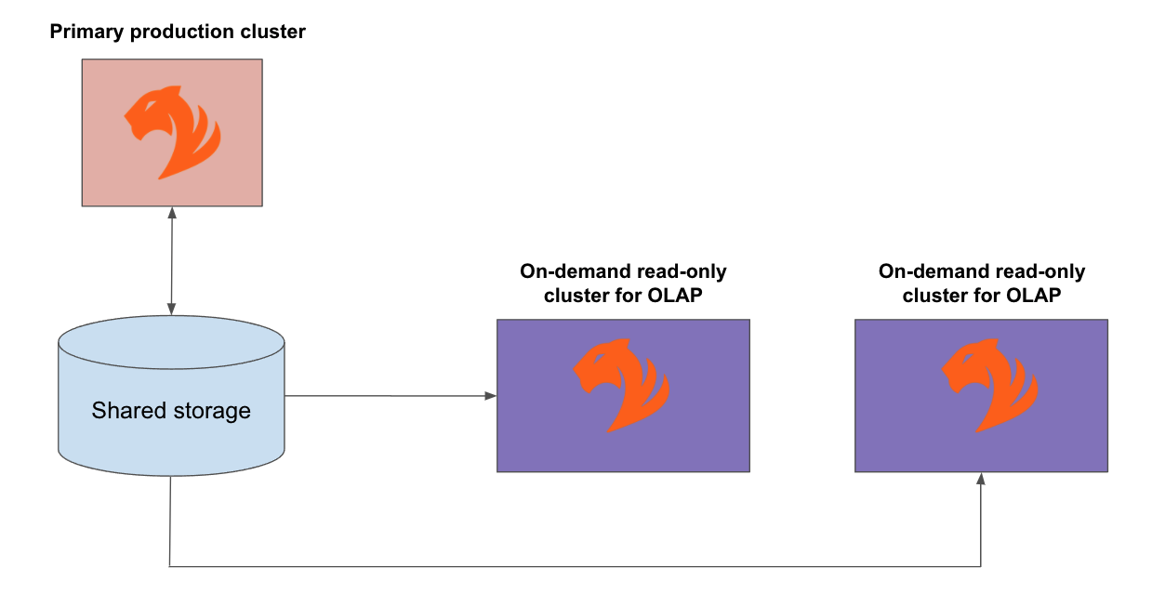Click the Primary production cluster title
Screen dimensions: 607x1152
(x=178, y=33)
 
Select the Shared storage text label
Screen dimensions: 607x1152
(x=171, y=410)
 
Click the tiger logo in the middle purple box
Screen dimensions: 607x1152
(x=621, y=385)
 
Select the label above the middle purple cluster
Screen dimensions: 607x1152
(x=623, y=284)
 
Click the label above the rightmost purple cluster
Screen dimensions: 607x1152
(x=982, y=284)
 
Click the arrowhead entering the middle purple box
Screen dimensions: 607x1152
(x=491, y=397)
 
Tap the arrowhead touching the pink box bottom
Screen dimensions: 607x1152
(x=172, y=213)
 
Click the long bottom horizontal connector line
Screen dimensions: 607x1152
(x=576, y=566)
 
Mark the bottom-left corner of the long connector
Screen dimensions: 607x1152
(x=170, y=566)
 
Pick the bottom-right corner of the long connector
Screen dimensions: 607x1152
(x=981, y=566)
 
